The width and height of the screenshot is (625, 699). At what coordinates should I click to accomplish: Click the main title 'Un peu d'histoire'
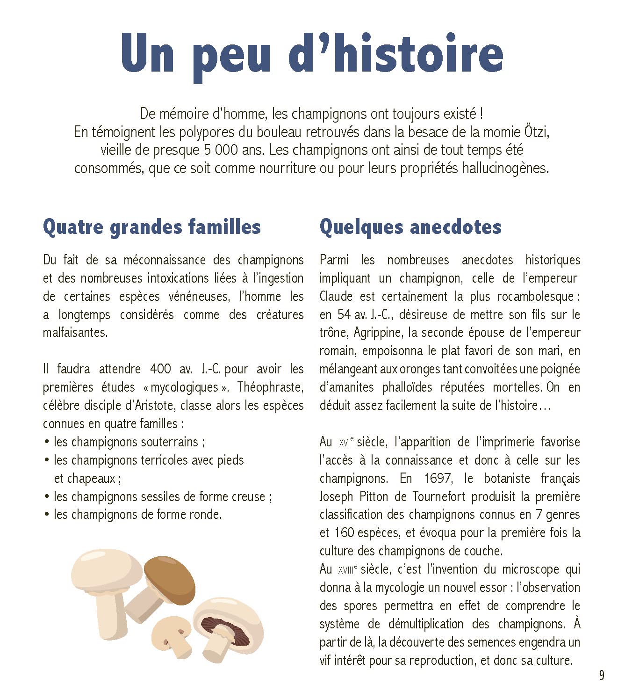[x=311, y=54]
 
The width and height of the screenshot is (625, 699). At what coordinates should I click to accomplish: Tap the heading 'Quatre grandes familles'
[x=151, y=227]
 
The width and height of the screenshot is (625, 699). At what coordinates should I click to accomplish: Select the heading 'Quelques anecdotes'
[x=410, y=227]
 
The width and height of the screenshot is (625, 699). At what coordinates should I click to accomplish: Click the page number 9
[x=602, y=675]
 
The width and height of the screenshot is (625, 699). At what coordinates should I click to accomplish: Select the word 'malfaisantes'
[x=75, y=333]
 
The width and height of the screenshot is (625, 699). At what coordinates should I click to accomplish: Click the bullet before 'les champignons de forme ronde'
[x=47, y=515]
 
